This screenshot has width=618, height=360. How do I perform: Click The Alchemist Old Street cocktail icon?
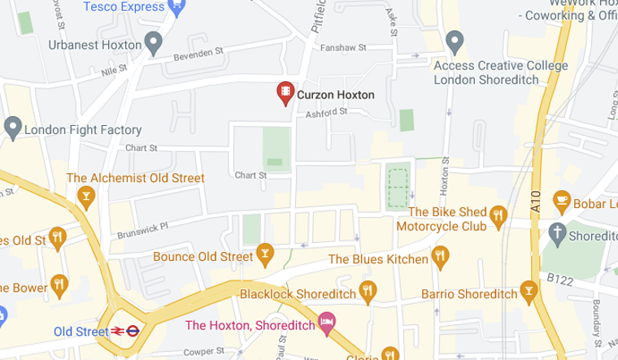pyautogui.click(x=85, y=195)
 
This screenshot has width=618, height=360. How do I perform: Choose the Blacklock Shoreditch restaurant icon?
pyautogui.click(x=368, y=291)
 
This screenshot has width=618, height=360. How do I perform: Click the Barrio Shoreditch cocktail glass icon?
pyautogui.click(x=530, y=291)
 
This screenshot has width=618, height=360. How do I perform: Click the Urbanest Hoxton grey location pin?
pyautogui.click(x=153, y=43)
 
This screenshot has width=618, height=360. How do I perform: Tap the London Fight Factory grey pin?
pyautogui.click(x=12, y=128)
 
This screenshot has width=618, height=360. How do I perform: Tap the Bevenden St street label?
pyautogui.click(x=199, y=54)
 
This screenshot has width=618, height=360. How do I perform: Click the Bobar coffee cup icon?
pyautogui.click(x=560, y=199)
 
